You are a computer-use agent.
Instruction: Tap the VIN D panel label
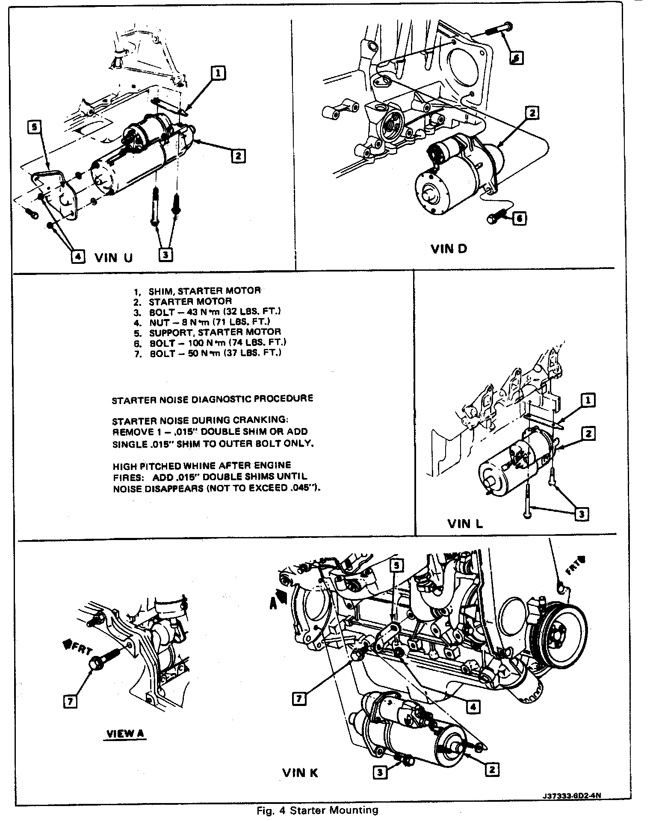449,249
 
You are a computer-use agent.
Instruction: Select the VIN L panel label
465,523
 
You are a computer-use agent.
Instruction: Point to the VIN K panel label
300,773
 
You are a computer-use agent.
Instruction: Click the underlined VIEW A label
125,733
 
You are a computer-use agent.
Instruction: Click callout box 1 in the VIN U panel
218,73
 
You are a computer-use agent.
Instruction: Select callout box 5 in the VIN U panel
35,127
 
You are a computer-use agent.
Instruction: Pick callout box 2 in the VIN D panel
532,113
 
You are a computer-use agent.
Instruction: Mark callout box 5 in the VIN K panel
396,565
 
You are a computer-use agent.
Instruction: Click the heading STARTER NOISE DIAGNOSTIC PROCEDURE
213,399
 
